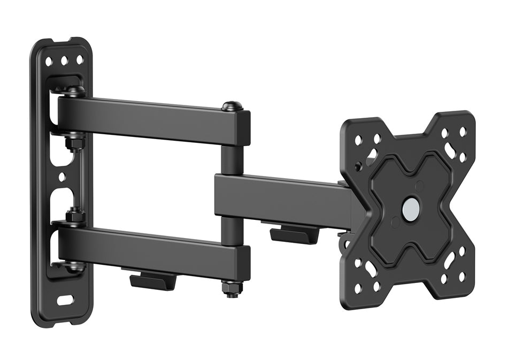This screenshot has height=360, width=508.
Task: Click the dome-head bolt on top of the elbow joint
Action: click(232, 106)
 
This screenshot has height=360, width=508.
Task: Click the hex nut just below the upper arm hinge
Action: click(74, 143)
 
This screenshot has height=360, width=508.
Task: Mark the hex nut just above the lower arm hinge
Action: click(74, 217)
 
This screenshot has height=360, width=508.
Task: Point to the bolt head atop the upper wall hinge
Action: click(74, 90)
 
